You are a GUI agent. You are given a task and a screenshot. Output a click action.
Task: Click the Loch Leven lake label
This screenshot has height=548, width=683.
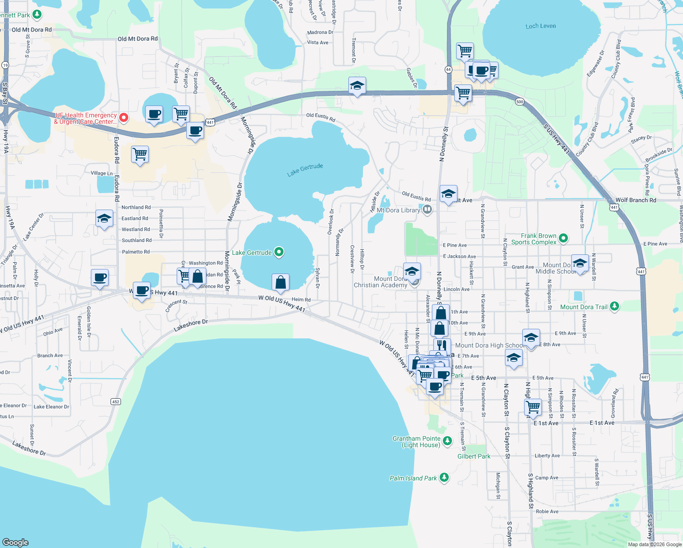(x=541, y=26)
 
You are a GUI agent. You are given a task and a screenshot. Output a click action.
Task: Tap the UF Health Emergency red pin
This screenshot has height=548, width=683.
(x=123, y=118)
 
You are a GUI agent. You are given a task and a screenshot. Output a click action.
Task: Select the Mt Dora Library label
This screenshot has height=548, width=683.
(x=398, y=210)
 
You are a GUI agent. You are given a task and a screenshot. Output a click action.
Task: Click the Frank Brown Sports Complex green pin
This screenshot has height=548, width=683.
(x=563, y=238)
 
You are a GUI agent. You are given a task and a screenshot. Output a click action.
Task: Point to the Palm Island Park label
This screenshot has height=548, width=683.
(x=413, y=478)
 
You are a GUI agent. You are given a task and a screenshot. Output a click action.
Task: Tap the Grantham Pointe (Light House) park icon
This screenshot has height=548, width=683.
(x=447, y=441)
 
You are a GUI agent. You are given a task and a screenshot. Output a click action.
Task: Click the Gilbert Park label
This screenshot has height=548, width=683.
(x=474, y=456)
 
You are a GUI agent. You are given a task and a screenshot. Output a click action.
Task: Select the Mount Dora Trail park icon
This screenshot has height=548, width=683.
(x=615, y=306)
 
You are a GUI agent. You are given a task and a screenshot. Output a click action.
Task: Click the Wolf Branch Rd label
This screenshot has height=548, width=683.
(x=636, y=200)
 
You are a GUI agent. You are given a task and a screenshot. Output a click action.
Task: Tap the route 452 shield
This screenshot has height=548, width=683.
(x=116, y=402)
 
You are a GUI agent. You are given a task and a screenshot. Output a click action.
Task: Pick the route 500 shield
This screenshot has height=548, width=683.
(x=520, y=101)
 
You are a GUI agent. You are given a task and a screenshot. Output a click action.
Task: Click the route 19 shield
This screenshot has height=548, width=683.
(x=5, y=65)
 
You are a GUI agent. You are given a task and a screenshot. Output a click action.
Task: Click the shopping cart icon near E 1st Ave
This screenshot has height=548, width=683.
(x=533, y=406)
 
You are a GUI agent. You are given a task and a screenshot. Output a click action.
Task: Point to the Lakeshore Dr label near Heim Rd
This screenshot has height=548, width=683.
(x=190, y=326)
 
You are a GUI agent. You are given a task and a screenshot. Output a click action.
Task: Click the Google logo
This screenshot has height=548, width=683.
(x=16, y=542)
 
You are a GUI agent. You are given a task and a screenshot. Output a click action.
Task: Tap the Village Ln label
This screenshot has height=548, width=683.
(x=101, y=174)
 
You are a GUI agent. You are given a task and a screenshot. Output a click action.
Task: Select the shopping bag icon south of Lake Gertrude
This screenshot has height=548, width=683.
(x=280, y=282)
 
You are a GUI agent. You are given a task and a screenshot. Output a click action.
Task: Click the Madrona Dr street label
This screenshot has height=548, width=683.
(x=320, y=32)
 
